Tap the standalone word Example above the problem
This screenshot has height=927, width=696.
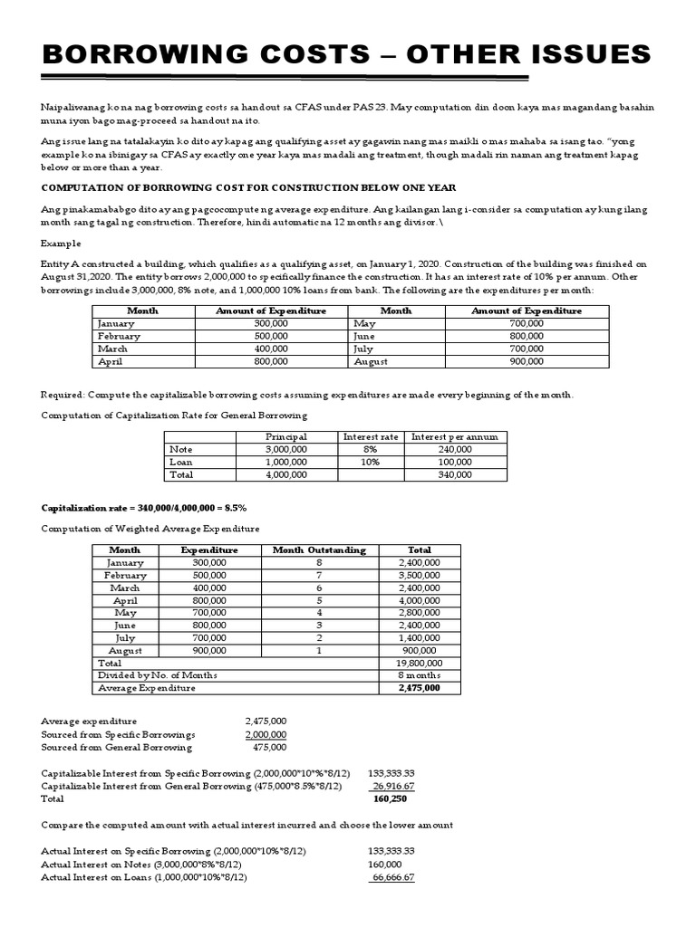(x=61, y=244)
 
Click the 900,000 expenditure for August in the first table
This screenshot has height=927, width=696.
(x=527, y=361)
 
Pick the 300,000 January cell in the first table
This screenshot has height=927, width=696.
(x=270, y=323)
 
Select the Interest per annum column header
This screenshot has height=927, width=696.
(x=454, y=436)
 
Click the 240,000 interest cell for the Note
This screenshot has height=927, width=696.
(x=454, y=449)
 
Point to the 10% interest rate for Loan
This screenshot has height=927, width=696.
(x=370, y=462)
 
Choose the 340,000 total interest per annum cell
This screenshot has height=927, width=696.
(x=454, y=474)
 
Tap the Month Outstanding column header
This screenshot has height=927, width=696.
(x=319, y=550)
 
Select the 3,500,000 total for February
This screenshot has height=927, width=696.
(x=420, y=575)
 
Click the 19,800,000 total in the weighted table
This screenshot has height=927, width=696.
(x=420, y=663)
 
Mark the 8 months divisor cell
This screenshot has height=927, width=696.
(x=420, y=675)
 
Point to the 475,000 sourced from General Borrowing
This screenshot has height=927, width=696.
(x=268, y=747)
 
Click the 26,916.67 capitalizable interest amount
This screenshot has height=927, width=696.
(x=392, y=787)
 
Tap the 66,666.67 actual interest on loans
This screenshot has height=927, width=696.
(x=392, y=877)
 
